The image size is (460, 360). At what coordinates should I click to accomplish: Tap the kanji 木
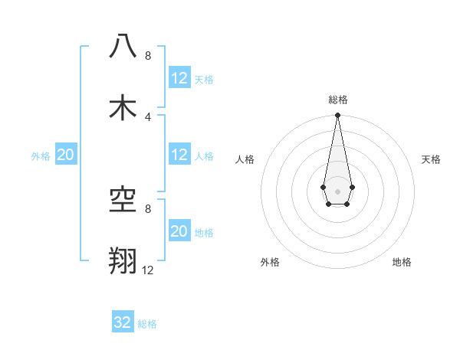coord(123,107)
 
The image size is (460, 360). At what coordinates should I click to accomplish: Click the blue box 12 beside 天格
coord(179,78)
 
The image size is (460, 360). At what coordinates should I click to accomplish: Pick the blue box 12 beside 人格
coord(179,155)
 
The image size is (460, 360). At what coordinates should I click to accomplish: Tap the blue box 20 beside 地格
coord(179,231)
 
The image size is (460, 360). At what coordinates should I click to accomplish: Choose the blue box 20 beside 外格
coord(66,155)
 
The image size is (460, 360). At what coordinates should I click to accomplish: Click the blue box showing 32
coord(123,322)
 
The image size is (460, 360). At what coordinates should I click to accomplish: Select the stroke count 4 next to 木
coord(147,116)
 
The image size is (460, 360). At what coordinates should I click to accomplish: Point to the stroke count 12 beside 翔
coord(147,270)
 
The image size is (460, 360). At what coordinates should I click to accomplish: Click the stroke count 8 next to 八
coord(147,56)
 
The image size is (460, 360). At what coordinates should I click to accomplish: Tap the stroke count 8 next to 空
coord(147,208)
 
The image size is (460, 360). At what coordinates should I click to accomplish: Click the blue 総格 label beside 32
coord(147,324)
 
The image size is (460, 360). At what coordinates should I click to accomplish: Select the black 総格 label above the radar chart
coord(337,100)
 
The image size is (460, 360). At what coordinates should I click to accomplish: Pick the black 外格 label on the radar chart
coord(270,262)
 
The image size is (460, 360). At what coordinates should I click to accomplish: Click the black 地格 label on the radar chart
coord(402,262)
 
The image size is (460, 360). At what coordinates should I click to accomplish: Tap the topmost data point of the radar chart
coord(337,116)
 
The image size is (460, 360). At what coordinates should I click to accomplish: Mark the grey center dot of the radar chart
coord(337,189)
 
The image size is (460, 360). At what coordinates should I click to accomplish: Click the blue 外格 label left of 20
coord(41,155)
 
